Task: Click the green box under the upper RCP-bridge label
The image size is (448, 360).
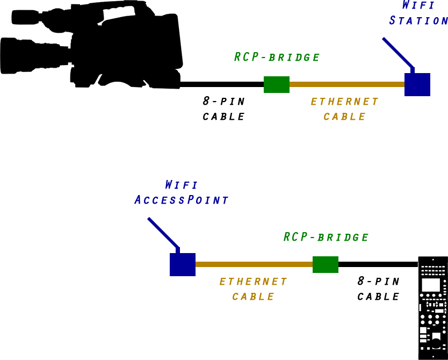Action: tap(277, 85)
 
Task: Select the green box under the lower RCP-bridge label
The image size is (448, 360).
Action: tap(326, 264)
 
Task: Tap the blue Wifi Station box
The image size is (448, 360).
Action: tap(417, 84)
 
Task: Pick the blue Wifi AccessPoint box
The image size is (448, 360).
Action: tap(183, 264)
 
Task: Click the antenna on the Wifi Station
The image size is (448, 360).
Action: tap(398, 54)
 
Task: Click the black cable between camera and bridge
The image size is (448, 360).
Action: tap(222, 84)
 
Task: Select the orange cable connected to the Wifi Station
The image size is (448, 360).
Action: tap(346, 84)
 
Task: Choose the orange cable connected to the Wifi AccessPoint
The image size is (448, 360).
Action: tap(254, 264)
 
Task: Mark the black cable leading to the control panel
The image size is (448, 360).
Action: tap(378, 264)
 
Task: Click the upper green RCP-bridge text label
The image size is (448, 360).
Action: tap(277, 57)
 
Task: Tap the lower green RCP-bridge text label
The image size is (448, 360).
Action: tap(326, 237)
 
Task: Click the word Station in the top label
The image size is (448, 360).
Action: tap(418, 20)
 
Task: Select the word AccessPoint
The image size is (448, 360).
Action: tap(182, 200)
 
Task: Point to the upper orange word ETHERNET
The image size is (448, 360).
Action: tap(344, 102)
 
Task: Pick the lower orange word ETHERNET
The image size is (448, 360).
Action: tap(253, 282)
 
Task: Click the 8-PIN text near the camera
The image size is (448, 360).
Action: tap(223, 101)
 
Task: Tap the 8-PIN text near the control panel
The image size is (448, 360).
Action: tap(379, 281)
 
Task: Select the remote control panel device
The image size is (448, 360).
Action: tap(432, 308)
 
